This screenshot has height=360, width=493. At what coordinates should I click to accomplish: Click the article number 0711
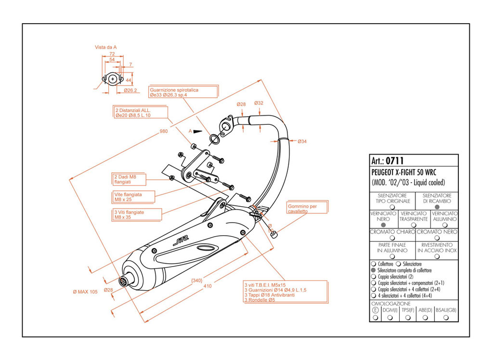[394, 160]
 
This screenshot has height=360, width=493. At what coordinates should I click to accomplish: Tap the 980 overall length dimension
[164, 132]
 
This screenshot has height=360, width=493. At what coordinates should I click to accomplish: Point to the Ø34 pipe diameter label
[302, 141]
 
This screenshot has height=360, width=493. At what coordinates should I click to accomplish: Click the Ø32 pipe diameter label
[259, 103]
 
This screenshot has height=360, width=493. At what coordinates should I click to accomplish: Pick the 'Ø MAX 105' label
[85, 292]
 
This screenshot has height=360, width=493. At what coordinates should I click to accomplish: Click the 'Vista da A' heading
[106, 47]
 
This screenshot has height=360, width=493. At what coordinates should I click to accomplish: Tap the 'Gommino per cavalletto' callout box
[307, 208]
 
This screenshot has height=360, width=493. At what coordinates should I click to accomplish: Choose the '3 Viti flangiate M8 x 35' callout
[129, 214]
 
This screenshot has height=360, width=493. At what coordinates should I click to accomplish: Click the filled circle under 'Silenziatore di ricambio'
[436, 206]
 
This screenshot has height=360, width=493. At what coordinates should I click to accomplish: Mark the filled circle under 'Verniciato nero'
[383, 225]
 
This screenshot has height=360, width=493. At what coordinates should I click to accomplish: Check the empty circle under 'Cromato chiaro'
[392, 238]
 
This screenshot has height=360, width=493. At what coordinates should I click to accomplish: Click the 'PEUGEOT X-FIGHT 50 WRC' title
[403, 173]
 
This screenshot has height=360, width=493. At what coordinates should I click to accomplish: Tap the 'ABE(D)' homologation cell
[425, 310]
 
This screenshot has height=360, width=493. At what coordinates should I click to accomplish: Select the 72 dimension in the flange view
[112, 54]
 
